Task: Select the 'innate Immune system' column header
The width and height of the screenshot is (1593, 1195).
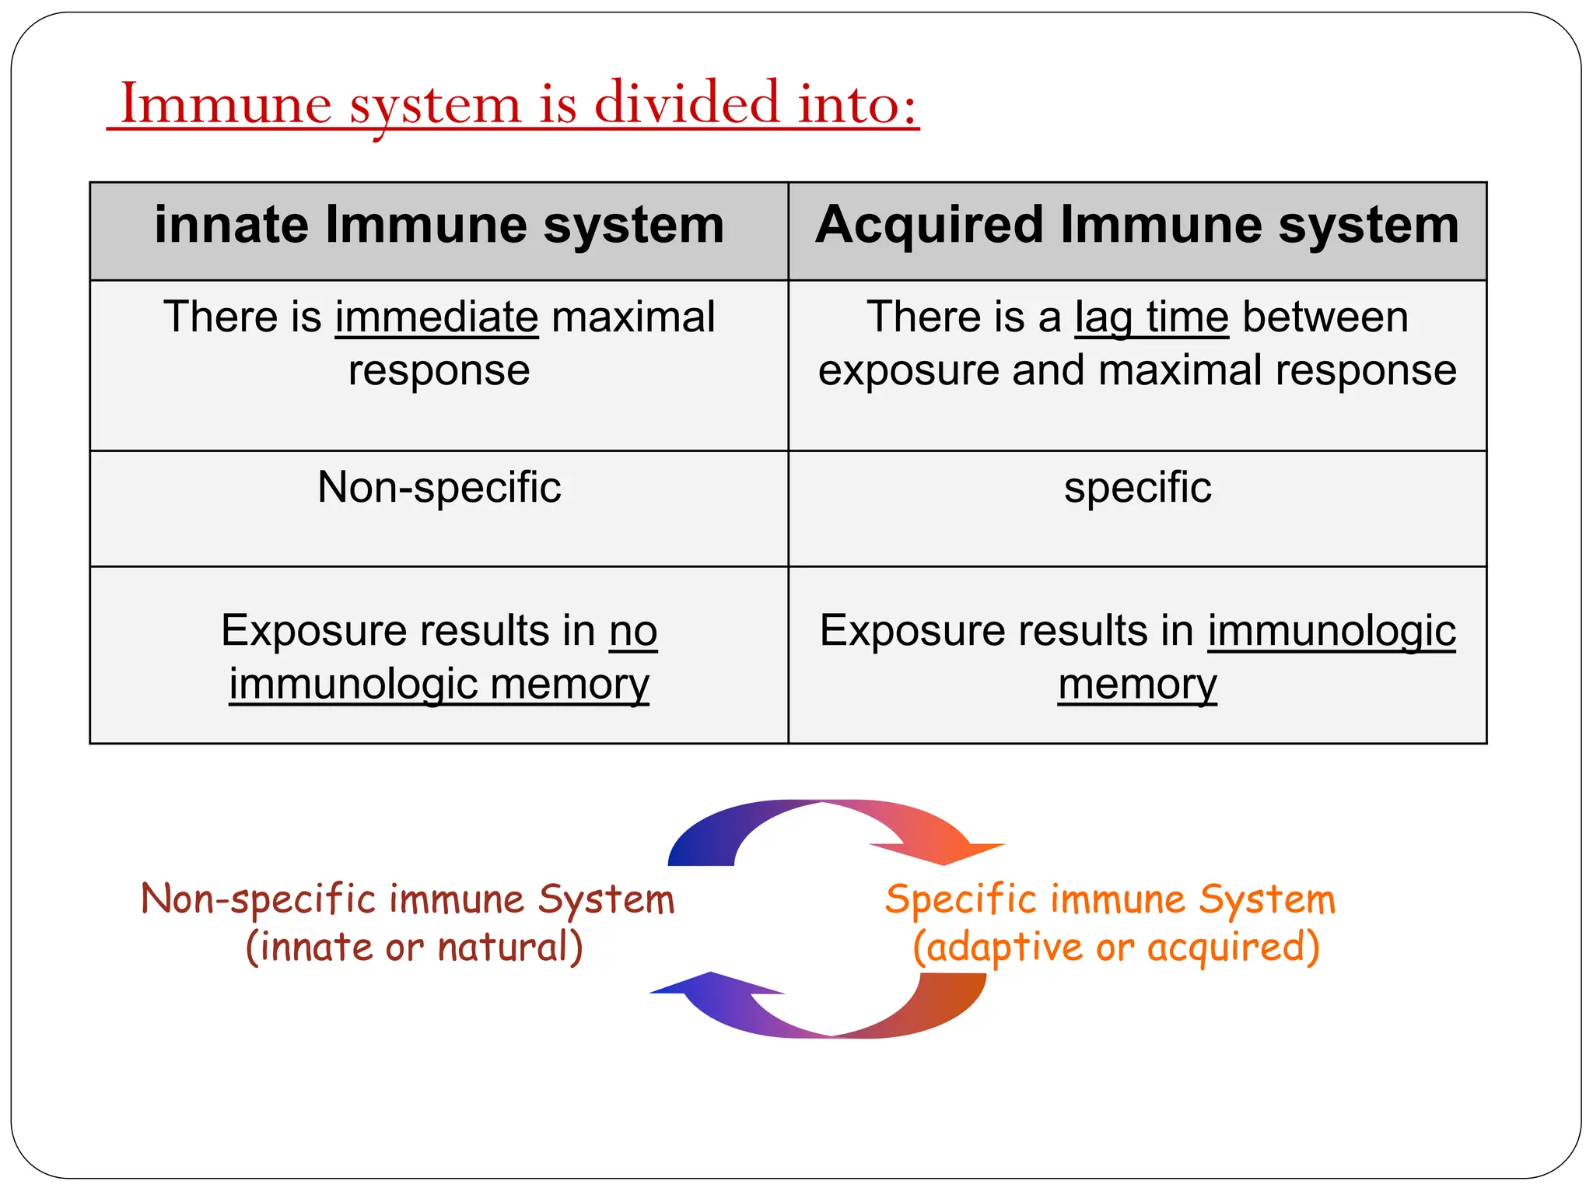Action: tap(439, 226)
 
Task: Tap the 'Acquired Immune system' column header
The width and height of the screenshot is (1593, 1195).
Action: tap(1137, 226)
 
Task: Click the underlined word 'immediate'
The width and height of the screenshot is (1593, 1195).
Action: tap(436, 317)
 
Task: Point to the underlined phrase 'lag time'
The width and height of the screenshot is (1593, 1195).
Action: tap(1151, 317)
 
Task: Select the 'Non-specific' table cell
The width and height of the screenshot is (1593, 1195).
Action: tap(439, 488)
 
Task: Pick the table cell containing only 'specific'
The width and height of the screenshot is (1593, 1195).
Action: tap(1137, 488)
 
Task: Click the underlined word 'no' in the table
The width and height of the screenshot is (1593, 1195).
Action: tap(633, 630)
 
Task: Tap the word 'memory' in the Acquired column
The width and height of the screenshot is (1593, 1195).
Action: tap(1137, 685)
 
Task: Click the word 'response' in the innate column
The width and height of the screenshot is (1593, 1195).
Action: tap(439, 370)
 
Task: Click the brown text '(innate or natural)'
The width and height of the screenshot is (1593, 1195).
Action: tap(414, 948)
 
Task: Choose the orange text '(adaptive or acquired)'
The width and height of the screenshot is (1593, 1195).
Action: tap(1115, 948)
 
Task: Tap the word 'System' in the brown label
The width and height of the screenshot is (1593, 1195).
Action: tap(606, 899)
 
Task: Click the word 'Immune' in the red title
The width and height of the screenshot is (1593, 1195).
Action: tap(226, 103)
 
